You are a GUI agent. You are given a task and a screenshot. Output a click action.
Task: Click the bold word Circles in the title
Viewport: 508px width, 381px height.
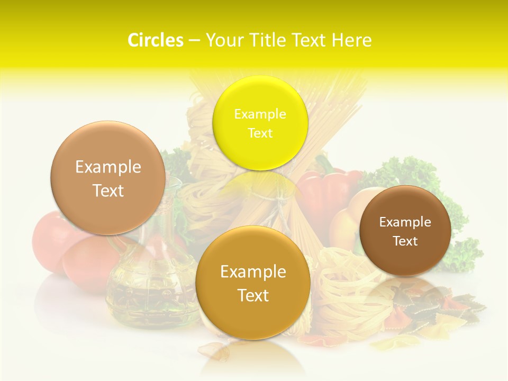click(156, 40)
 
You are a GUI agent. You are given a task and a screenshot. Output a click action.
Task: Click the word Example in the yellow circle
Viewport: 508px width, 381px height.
click(260, 114)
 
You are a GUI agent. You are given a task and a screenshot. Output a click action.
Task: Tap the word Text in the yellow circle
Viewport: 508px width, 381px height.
click(260, 133)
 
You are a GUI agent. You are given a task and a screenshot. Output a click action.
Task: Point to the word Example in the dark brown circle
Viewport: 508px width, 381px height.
click(405, 222)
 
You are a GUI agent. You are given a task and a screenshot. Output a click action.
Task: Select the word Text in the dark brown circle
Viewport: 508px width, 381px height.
click(405, 241)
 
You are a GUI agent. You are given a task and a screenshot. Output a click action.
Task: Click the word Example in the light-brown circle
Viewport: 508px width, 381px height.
click(108, 167)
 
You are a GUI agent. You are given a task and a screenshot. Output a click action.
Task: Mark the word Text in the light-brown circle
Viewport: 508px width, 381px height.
click(108, 191)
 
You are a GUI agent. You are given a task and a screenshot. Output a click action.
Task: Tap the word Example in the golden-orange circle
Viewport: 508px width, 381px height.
click(253, 272)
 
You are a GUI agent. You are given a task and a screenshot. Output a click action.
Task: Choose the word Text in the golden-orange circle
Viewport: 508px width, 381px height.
click(253, 295)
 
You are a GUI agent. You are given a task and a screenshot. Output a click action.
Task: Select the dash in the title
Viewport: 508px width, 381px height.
click(194, 41)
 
